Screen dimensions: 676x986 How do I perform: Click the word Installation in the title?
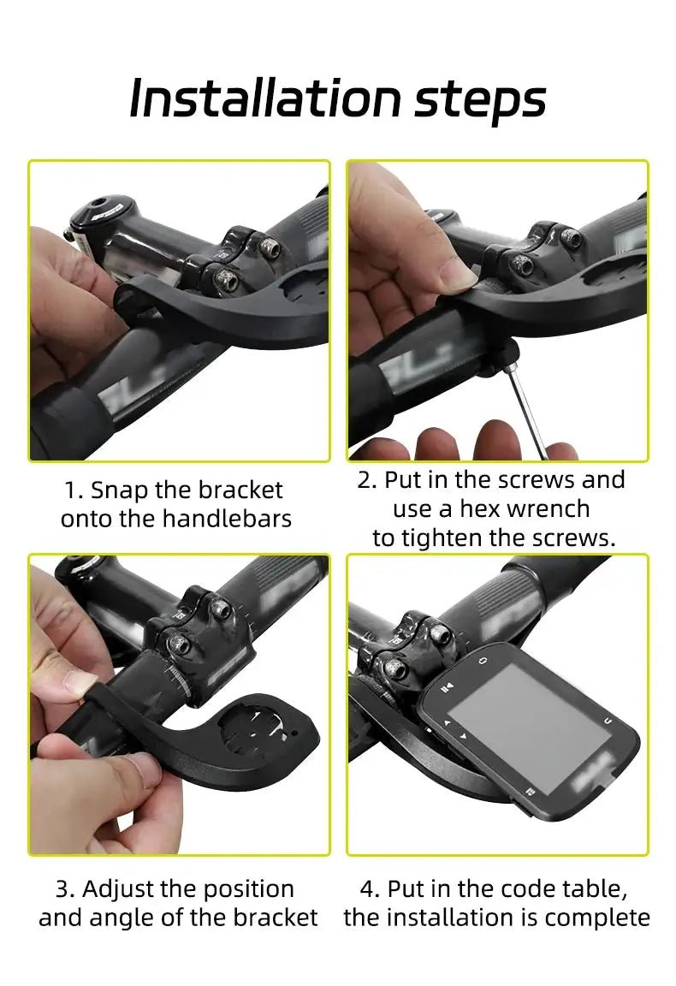[x=265, y=98]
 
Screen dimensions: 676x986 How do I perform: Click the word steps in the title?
[x=480, y=101]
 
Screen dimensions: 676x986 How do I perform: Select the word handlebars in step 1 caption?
[x=227, y=519]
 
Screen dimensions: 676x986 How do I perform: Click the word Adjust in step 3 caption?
[x=118, y=889]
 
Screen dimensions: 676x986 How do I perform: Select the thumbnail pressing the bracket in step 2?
[x=457, y=272]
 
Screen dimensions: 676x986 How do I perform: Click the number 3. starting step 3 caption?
[x=65, y=889]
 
